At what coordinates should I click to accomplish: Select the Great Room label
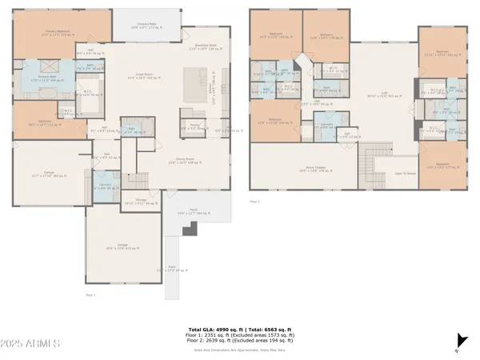(141, 78)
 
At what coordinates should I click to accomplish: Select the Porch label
(189, 213)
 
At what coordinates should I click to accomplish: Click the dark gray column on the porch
(190, 230)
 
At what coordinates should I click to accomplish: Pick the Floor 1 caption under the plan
(90, 295)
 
